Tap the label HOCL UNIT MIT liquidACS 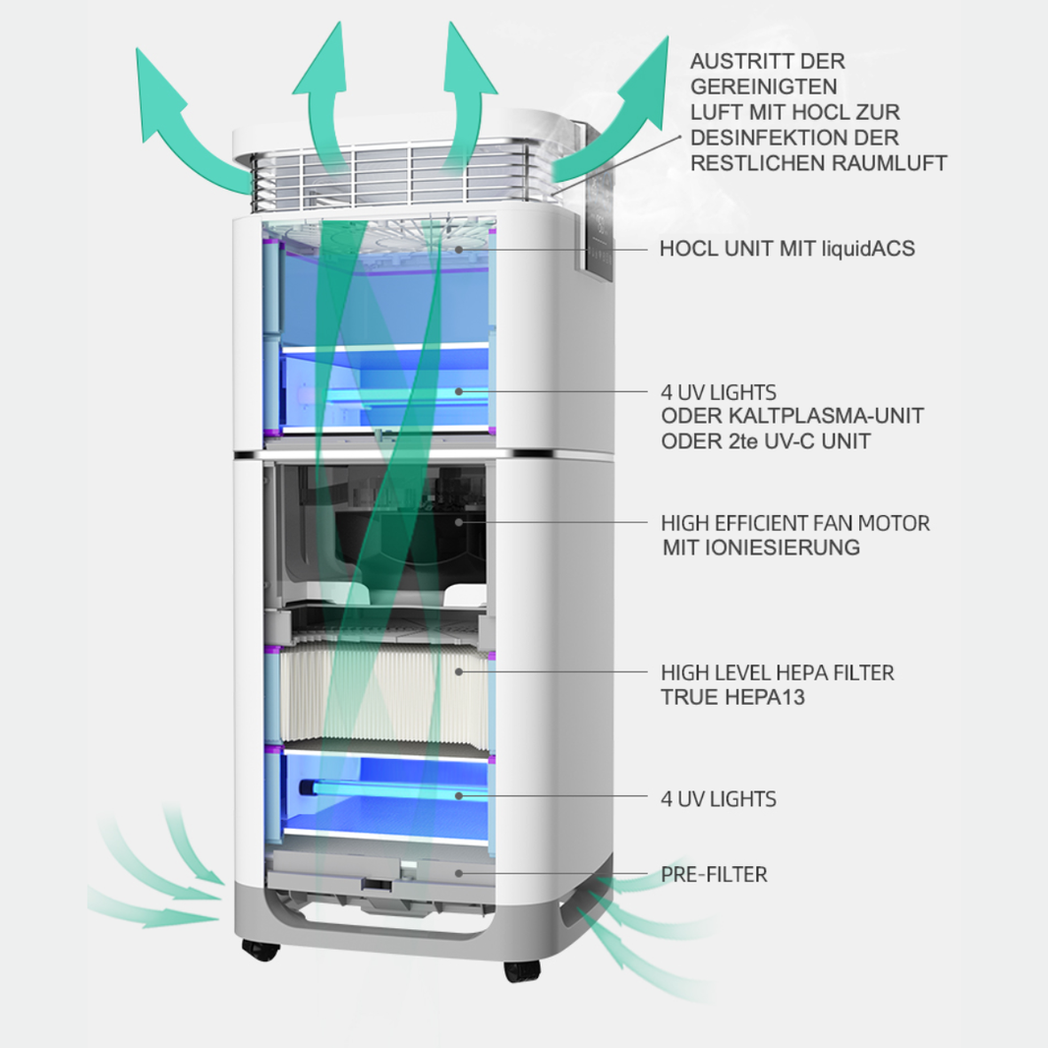786,249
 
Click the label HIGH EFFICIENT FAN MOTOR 795,522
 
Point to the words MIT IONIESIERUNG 761,548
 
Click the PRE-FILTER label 714,874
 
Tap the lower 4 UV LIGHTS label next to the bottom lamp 718,798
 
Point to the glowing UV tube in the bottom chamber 383,792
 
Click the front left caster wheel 259,951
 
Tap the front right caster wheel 522,969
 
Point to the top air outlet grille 393,177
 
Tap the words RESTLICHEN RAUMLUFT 819,163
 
